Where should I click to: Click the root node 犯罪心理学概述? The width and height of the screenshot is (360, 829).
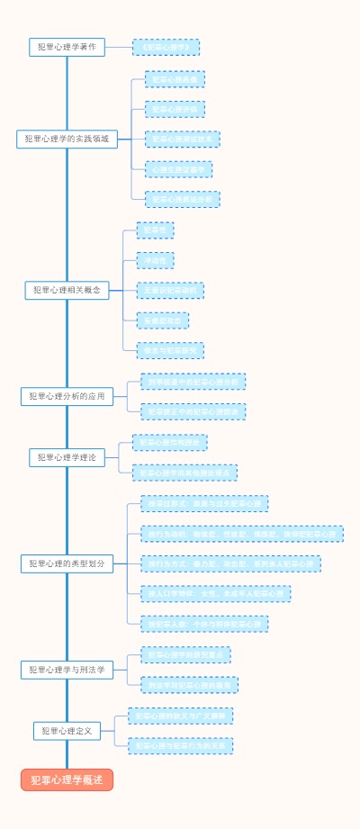point(67,779)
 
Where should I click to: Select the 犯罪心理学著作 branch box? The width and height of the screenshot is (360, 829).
point(67,47)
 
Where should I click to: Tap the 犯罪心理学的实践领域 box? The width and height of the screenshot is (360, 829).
point(67,139)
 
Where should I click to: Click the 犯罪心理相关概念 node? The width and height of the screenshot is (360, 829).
point(67,290)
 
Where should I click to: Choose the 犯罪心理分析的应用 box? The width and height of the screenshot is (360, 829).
point(67,396)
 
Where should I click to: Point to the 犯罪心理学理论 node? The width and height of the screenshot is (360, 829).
point(67,457)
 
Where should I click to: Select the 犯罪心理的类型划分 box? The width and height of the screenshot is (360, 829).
point(67,563)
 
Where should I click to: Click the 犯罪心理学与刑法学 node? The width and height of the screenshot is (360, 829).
point(67,670)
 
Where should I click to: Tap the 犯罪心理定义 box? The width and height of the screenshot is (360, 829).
point(67,731)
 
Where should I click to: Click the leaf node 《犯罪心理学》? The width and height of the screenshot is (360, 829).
point(166,47)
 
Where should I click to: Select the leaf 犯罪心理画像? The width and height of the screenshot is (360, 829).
point(175,79)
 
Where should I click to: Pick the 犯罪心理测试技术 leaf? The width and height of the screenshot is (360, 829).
point(182,140)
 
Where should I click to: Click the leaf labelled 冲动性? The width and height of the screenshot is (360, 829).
point(155,260)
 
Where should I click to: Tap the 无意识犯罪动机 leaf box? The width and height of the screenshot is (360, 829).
point(170,290)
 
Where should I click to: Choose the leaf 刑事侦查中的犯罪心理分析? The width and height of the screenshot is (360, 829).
point(193,382)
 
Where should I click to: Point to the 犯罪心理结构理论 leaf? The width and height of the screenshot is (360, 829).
point(169,442)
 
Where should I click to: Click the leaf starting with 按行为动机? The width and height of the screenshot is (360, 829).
point(241,534)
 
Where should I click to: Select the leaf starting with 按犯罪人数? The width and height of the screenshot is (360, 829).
point(204,623)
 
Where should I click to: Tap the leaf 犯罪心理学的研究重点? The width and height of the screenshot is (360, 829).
point(185,654)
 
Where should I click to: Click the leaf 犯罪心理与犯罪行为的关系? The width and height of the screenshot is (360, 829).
point(180,745)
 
